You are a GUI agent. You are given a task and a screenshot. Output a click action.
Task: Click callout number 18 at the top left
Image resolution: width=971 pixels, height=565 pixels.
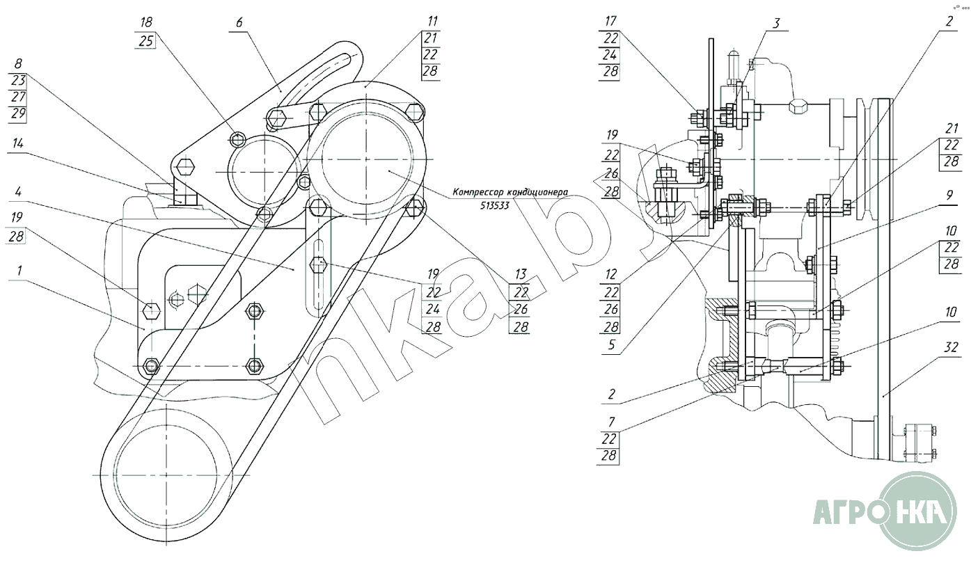(x=146, y=22)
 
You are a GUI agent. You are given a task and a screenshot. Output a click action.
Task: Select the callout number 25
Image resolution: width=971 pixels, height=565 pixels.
(x=146, y=41)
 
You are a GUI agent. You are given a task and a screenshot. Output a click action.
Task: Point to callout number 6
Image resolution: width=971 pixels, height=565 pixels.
(x=239, y=22)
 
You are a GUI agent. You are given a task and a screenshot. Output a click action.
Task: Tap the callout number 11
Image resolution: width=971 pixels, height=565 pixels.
(x=432, y=21)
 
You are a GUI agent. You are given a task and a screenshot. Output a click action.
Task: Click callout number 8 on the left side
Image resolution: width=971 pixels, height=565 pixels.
(x=18, y=64)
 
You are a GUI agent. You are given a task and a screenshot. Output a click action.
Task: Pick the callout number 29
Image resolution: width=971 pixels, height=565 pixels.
(x=18, y=114)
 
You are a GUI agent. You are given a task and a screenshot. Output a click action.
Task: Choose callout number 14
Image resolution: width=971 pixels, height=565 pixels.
(x=18, y=143)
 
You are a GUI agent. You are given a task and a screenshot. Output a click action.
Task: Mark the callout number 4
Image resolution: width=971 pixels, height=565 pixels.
(x=18, y=191)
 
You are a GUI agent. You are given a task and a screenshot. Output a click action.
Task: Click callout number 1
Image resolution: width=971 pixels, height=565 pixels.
(x=19, y=271)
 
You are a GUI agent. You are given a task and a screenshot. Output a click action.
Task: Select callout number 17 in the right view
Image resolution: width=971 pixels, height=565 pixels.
(x=610, y=21)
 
